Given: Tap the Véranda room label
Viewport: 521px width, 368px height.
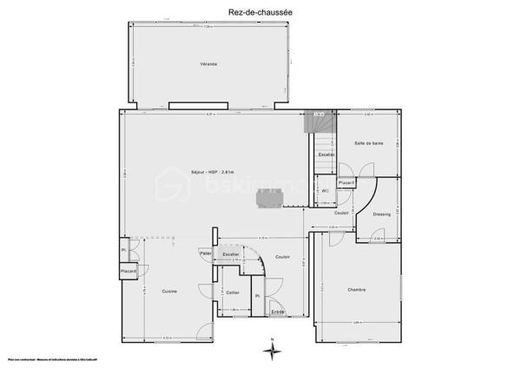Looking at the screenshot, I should (x=208, y=65).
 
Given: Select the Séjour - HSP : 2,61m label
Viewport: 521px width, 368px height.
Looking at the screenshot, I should (x=212, y=171).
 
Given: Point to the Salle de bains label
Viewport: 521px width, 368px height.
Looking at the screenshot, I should (x=369, y=143).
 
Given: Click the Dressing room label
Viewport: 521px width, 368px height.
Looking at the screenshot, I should (x=382, y=214).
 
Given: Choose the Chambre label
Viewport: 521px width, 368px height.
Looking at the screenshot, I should (x=356, y=290).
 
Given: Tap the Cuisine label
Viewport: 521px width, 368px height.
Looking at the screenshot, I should (x=169, y=291).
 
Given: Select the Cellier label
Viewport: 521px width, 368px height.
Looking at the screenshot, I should (x=232, y=292).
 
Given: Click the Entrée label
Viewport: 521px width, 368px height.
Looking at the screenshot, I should (x=278, y=311).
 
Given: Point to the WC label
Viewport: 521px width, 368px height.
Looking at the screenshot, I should (x=325, y=190).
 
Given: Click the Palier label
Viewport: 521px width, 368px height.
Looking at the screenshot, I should (x=206, y=253).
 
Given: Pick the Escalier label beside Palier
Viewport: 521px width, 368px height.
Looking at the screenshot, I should (x=231, y=253).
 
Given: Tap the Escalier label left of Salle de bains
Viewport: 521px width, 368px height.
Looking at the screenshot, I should (x=326, y=154).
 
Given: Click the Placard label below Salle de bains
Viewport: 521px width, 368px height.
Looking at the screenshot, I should (x=346, y=183).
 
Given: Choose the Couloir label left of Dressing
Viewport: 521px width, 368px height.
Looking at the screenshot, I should (x=341, y=212).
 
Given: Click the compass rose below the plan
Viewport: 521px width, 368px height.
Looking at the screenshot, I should (x=273, y=349).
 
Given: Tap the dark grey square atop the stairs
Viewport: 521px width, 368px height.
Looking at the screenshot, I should (x=319, y=113).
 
